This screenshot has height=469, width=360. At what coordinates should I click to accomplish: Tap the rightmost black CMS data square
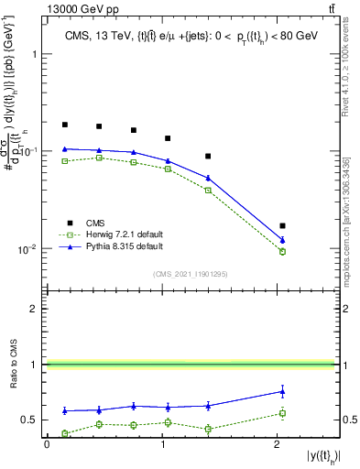tap(282, 225)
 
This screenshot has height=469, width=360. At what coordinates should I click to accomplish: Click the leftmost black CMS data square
tap(65, 125)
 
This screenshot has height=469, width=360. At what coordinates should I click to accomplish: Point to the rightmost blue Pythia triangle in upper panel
tap(282, 240)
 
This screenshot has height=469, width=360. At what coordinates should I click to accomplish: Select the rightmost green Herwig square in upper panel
tap(282, 251)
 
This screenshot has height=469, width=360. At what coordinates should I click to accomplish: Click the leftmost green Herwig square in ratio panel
tap(65, 433)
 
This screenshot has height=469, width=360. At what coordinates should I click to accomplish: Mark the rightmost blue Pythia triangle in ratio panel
tap(282, 391)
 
